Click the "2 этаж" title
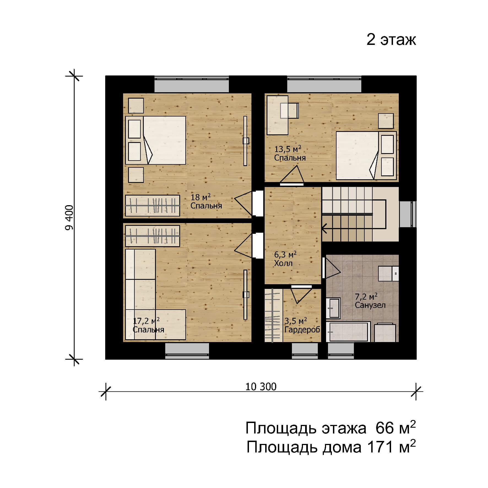click(391, 40)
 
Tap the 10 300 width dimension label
click(261, 387)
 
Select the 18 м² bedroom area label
click(201, 197)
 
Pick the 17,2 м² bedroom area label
click(146, 321)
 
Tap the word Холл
click(283, 263)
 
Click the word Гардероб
click(302, 330)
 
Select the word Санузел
click(370, 305)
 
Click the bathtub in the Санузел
click(348, 332)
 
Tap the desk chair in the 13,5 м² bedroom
click(289, 111)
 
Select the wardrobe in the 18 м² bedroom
click(153, 206)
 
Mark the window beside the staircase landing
click(408, 214)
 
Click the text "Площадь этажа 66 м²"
click(330, 429)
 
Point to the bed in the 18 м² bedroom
click(156, 140)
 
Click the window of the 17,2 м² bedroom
click(187, 351)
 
